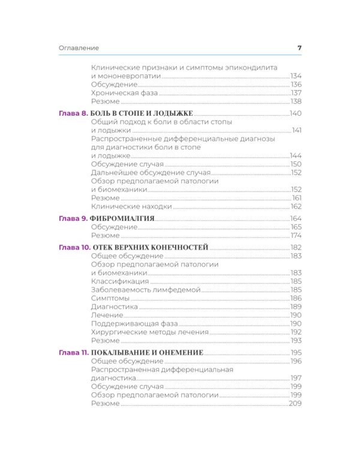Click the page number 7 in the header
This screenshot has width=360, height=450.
point(299,48)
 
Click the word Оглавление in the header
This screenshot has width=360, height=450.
point(79,48)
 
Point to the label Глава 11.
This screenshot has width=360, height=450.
point(74,352)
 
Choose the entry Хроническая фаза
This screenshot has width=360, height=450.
point(125,93)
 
